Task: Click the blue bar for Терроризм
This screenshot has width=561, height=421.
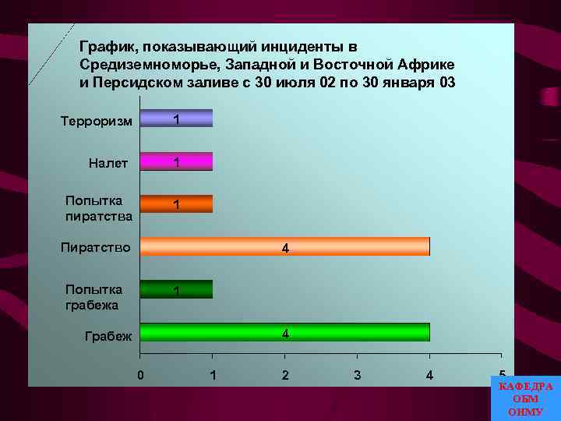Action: coord(176,119)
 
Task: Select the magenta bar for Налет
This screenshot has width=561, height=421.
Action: coord(176,161)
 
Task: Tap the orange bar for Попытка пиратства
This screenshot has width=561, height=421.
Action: coord(176,203)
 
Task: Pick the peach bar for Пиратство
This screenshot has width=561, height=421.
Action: coord(284,246)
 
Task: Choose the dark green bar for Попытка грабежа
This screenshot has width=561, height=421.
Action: coord(176,289)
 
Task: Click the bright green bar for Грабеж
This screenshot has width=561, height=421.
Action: coord(284,332)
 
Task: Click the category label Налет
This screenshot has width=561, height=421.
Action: coord(110,163)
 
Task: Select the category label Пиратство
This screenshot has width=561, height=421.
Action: coord(96,248)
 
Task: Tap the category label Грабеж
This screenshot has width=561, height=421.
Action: coord(108,337)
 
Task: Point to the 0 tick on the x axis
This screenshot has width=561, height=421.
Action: coord(140,375)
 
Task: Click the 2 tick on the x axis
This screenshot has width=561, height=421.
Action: coord(285,375)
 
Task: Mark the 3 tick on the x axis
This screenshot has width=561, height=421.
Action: coord(357,375)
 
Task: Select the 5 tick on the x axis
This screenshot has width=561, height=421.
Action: coord(502,374)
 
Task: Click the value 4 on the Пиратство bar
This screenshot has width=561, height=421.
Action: coord(285,249)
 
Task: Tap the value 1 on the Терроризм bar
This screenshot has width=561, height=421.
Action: coord(177,120)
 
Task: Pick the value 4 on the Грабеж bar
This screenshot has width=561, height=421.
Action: coord(285,334)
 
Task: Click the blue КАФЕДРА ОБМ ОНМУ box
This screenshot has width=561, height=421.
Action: coord(525,398)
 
